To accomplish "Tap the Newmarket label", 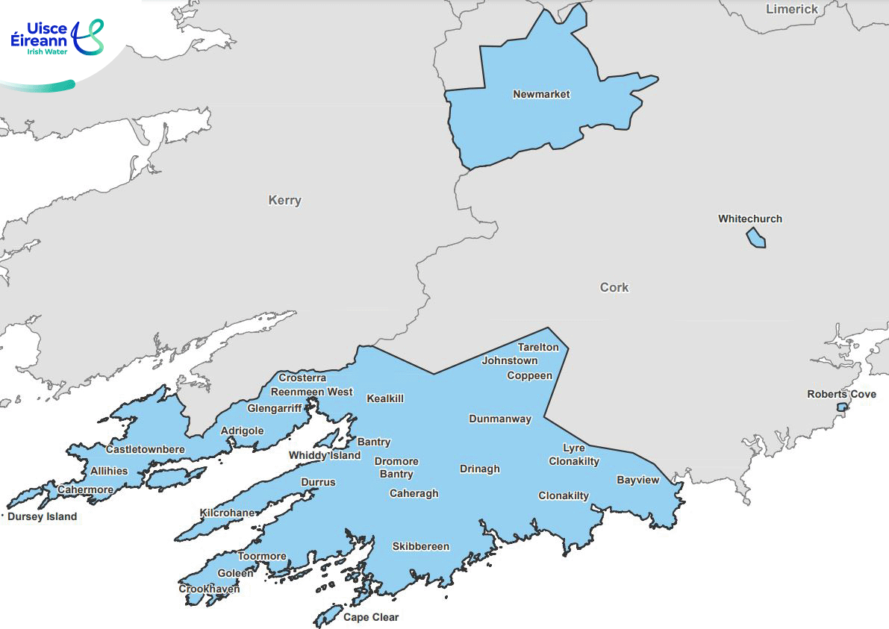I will tap(541, 95).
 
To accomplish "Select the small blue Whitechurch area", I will tap(755, 238).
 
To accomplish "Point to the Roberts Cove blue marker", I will tap(841, 407).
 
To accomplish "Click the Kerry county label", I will tap(284, 201).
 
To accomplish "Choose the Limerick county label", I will tap(792, 9).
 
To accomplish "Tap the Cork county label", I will tap(614, 287).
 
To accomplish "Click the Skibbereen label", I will tap(421, 547).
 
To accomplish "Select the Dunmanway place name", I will tap(500, 419).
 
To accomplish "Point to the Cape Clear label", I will tap(371, 617).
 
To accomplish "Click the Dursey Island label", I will tap(42, 516).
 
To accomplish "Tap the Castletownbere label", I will tap(145, 450).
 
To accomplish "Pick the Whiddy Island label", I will tap(325, 456).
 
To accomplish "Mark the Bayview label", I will tap(638, 481).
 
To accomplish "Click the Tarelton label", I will tap(538, 348).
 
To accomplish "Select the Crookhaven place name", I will tap(209, 589).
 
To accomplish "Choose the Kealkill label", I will tap(385, 399).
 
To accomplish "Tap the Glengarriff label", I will tap(275, 409).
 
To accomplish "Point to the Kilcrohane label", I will tap(228, 513).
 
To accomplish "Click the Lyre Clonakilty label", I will tap(574, 454).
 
